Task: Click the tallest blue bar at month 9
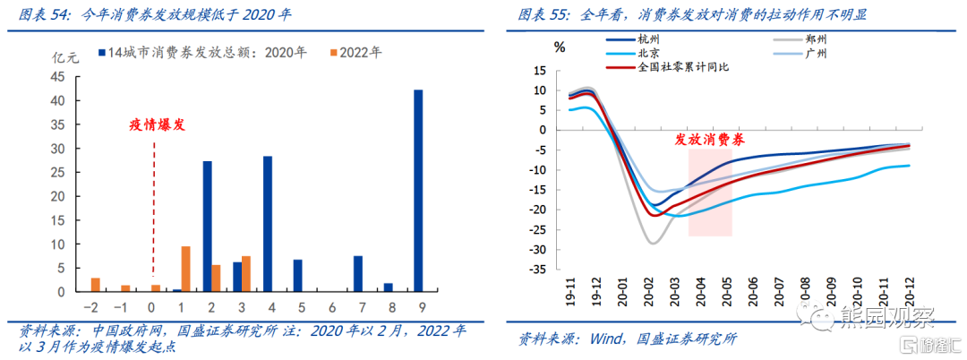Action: coord(418,191)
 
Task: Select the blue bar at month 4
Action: coord(268,224)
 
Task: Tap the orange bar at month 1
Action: coord(185,269)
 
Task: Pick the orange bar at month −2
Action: coord(96,285)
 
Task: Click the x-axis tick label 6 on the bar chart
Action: coord(333,305)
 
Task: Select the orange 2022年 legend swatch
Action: coord(333,53)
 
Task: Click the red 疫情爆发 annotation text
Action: coord(157,124)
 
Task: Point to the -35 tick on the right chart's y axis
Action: coord(538,270)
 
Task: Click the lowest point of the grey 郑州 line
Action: coord(653,244)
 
